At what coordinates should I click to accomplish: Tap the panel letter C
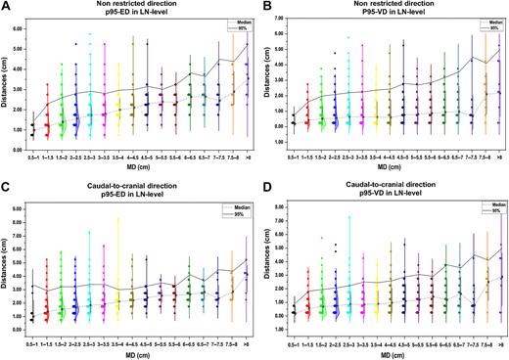pos(6,186)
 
